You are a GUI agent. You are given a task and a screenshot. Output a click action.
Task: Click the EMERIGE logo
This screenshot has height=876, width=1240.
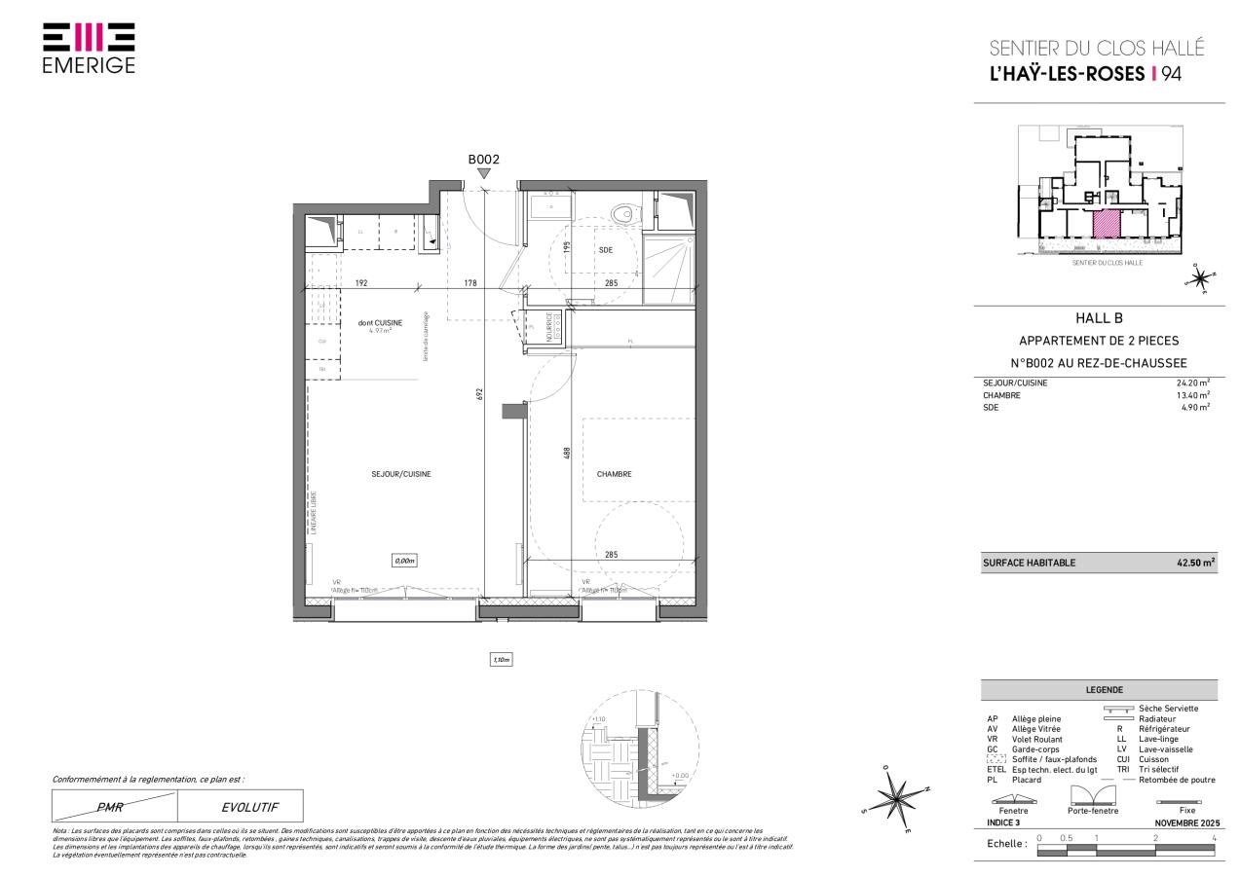coord(89,48)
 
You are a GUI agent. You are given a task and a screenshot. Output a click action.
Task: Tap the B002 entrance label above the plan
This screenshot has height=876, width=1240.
coord(483,160)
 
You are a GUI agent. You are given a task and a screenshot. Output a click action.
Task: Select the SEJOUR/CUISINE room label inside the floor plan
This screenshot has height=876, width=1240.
coord(401,474)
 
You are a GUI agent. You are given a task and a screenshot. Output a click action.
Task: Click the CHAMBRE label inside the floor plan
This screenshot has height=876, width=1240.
coord(615,474)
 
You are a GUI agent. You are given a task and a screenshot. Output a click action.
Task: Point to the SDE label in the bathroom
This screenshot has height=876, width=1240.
coord(605,250)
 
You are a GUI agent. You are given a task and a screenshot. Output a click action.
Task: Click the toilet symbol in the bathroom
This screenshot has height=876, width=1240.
coord(621,212)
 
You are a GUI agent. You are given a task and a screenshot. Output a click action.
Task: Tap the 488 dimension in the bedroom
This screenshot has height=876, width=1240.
coord(566,453)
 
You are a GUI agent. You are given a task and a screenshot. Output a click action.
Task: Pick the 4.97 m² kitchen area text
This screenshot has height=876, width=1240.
coord(379,331)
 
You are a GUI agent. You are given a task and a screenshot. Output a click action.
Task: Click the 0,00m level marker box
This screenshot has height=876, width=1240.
coord(404,561)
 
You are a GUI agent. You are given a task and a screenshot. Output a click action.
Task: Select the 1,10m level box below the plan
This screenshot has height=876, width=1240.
coord(501,660)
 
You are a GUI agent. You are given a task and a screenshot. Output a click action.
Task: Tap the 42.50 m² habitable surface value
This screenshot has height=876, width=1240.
coord(1195,563)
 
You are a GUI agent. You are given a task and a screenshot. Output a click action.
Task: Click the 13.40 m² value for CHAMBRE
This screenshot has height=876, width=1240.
coord(1192,395)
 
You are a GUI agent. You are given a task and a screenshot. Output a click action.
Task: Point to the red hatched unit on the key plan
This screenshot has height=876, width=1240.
coord(1106,223)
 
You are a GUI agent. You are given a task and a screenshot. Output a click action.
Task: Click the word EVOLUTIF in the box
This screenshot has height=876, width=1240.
coord(241,806)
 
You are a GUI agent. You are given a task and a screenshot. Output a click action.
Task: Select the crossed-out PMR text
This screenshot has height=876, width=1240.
coord(114,806)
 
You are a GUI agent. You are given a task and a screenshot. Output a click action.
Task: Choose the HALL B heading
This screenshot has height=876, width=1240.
coord(1098,317)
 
